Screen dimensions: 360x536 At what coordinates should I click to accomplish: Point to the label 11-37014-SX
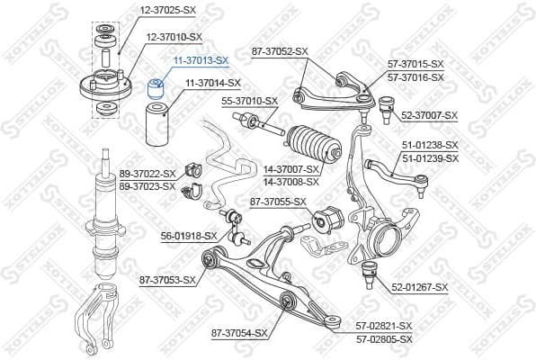(x=212, y=84)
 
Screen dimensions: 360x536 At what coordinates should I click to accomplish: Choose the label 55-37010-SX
(x=249, y=101)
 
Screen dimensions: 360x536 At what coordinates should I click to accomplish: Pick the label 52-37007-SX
(x=429, y=115)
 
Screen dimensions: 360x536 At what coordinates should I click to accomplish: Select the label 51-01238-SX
(x=429, y=145)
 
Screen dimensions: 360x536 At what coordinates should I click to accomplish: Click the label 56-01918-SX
(x=189, y=236)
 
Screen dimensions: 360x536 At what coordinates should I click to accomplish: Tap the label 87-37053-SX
(x=167, y=280)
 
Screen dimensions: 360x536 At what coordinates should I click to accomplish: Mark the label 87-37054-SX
(x=239, y=333)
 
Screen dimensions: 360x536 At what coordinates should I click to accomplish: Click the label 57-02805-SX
(x=381, y=338)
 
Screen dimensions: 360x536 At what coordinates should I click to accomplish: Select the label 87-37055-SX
(x=278, y=202)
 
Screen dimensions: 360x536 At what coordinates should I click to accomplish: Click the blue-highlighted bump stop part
(x=155, y=87)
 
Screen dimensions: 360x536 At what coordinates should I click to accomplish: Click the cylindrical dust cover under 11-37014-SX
(x=157, y=126)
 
